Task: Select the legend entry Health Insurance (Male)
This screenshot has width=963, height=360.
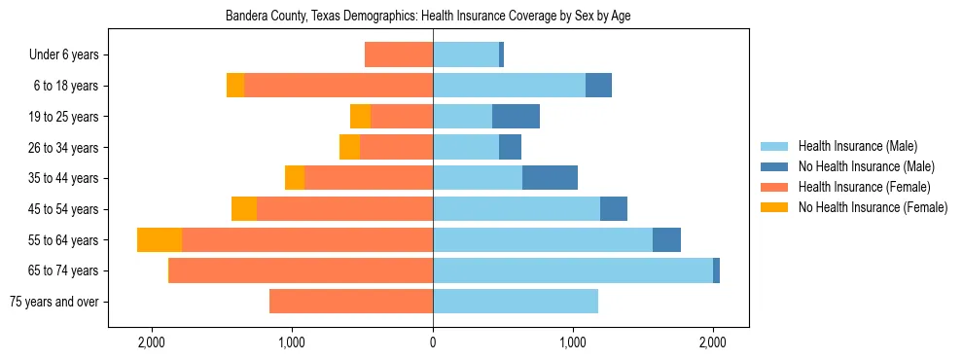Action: coord(857,146)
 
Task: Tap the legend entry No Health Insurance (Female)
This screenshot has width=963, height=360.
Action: coord(872,207)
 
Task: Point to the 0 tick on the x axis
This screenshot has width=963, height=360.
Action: coord(433,342)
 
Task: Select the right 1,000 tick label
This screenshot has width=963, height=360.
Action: coord(573,342)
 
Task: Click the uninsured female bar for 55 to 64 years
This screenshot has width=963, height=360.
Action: coord(160,239)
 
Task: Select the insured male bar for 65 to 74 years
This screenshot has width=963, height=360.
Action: coord(573,270)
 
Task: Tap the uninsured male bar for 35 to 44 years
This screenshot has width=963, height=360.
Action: coord(550,178)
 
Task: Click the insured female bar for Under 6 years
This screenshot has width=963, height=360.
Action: coord(399,55)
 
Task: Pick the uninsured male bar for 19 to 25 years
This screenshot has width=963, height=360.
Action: coord(516,117)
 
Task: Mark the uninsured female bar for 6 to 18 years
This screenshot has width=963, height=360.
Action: coord(235,86)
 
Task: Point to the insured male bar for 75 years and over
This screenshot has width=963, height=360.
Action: coord(516,302)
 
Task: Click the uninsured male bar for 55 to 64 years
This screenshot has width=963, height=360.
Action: coord(666,239)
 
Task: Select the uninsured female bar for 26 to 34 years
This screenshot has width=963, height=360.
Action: coord(349,147)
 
